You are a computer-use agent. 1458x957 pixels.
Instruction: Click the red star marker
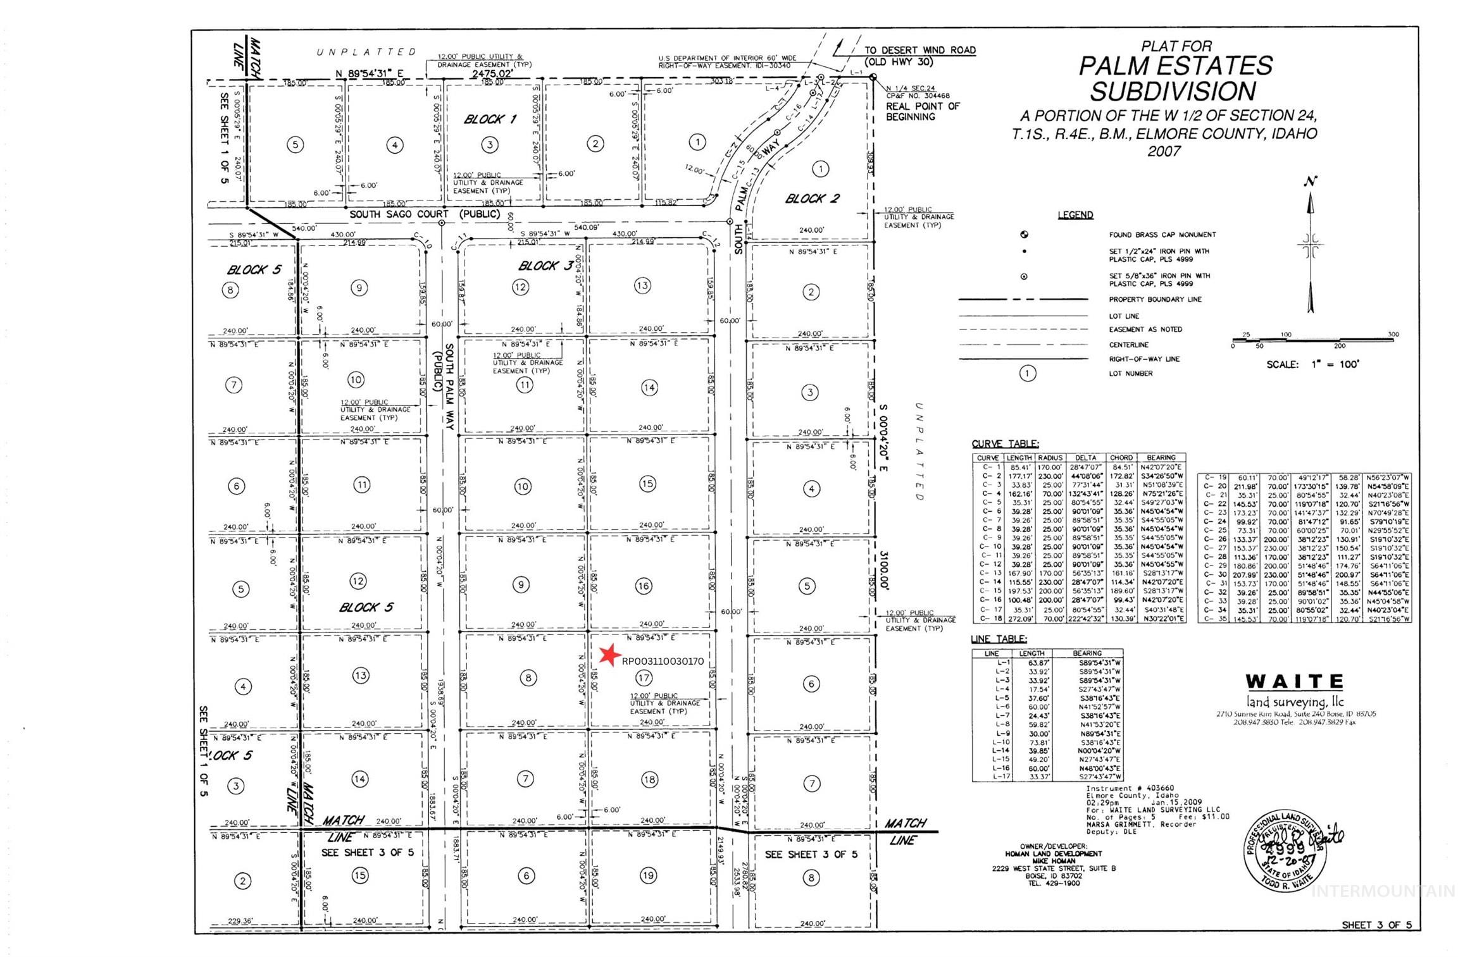(609, 655)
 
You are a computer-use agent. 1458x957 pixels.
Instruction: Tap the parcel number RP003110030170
(663, 662)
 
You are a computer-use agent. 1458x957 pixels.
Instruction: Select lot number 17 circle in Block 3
(644, 678)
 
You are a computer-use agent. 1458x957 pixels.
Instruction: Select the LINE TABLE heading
(999, 639)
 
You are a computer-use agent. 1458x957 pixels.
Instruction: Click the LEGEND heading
(1075, 215)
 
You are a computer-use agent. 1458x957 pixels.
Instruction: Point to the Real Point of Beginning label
(922, 111)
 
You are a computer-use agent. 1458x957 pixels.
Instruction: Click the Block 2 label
(812, 199)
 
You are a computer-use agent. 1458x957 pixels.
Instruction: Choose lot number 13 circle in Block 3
(642, 285)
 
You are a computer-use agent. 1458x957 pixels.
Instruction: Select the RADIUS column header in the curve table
(1050, 458)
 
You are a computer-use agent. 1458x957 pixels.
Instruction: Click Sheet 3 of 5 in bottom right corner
(1376, 925)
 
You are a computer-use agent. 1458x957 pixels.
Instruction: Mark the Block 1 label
(490, 120)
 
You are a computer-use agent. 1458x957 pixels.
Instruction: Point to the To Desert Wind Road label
(919, 50)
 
